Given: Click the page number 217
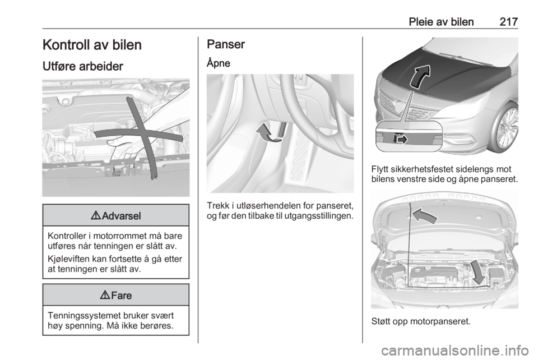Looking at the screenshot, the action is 508,22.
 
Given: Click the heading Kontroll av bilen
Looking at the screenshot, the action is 92,45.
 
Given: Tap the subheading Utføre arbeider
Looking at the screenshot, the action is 83,66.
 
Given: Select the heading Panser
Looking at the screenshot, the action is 226,44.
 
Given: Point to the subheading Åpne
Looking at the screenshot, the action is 218,63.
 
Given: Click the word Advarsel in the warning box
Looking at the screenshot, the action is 121,216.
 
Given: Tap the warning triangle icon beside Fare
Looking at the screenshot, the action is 105,295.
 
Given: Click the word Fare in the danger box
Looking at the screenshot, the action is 121,296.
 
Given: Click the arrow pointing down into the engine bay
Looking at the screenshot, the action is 477,272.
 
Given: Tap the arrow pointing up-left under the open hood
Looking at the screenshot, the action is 424,216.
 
